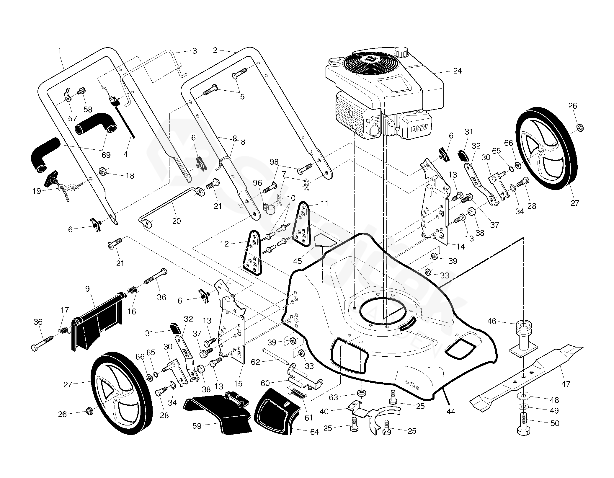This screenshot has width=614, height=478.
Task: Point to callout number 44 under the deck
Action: click(451, 411)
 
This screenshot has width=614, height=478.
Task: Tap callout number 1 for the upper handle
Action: click(60, 51)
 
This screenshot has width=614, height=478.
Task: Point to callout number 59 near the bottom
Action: click(197, 426)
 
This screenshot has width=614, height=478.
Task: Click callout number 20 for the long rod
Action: click(176, 221)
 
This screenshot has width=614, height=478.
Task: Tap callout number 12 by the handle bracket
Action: click(224, 244)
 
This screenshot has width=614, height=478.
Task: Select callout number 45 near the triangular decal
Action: click(298, 261)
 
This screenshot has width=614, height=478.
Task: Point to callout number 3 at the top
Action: click(195, 51)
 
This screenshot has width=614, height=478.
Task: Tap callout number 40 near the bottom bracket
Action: click(324, 411)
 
